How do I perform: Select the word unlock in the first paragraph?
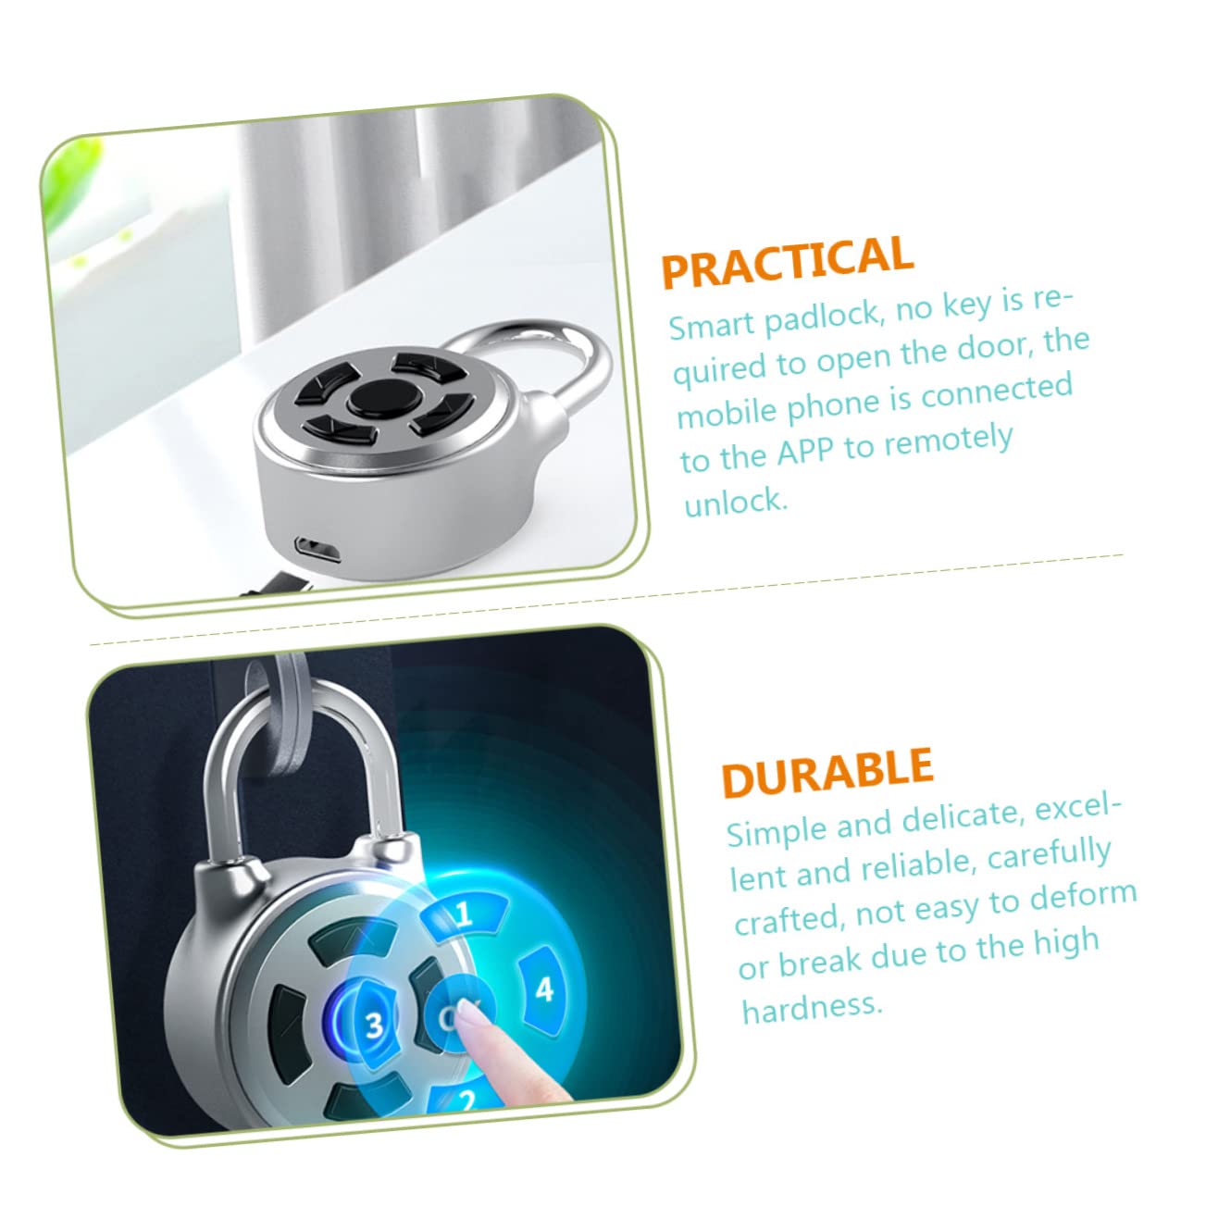tap(735, 502)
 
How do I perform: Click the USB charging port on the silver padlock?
tap(318, 548)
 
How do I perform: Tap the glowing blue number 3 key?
tap(374, 1025)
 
